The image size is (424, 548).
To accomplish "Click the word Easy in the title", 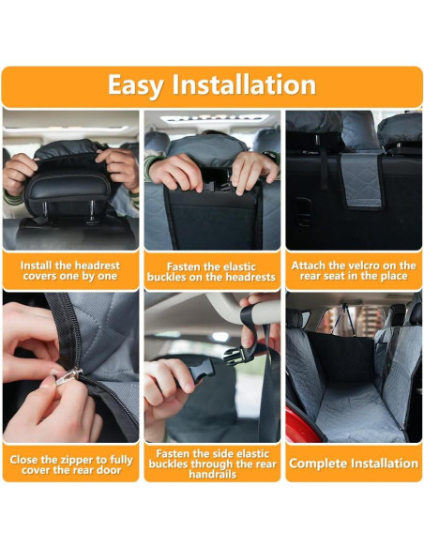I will click(135, 84).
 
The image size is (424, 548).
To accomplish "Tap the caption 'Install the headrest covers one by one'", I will click(70, 270).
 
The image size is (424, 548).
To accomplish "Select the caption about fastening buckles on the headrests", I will click(211, 271).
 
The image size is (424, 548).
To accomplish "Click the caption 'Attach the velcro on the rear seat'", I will click(354, 270).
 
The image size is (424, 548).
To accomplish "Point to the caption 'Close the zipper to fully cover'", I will click(70, 464).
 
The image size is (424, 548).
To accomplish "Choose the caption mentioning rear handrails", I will click(211, 464).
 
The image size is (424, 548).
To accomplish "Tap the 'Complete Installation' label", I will click(354, 464).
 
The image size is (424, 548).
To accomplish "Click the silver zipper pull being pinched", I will click(68, 377).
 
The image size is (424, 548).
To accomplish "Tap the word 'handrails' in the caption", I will click(212, 475).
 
